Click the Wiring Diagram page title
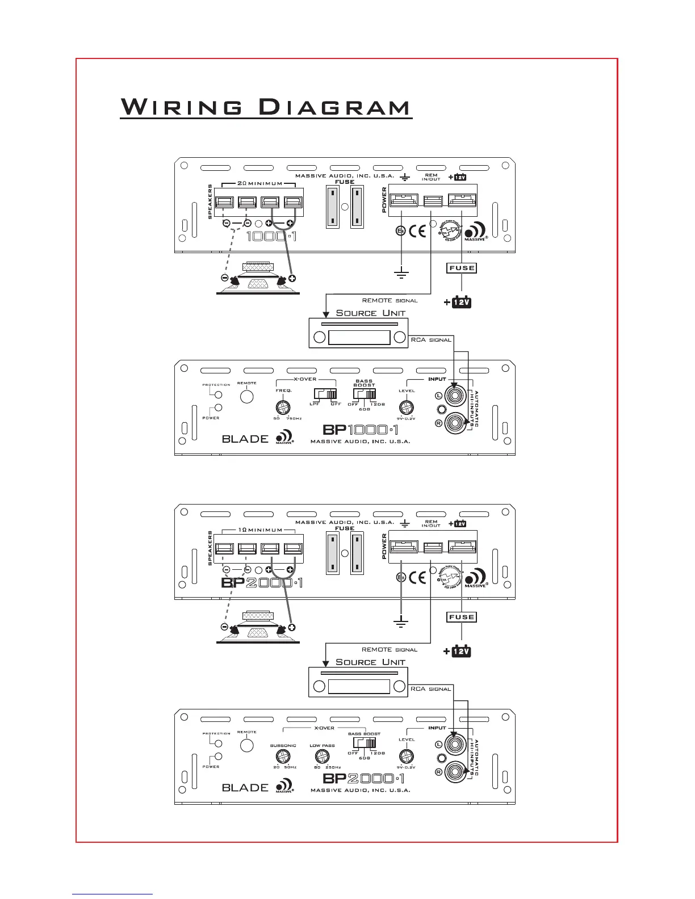pyautogui.click(x=266, y=107)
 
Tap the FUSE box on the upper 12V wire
pyautogui.click(x=461, y=268)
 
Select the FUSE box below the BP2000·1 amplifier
pyautogui.click(x=461, y=617)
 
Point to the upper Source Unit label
pyautogui.click(x=370, y=313)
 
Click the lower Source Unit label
pyautogui.click(x=370, y=662)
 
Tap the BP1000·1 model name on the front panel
pyautogui.click(x=361, y=430)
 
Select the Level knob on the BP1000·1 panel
pyautogui.click(x=405, y=407)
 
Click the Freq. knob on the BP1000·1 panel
pyautogui.click(x=283, y=407)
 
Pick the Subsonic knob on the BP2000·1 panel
pyautogui.click(x=282, y=756)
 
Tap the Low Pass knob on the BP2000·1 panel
pyautogui.click(x=322, y=756)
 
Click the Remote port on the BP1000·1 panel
pyautogui.click(x=246, y=396)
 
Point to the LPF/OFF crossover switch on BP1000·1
pyautogui.click(x=325, y=393)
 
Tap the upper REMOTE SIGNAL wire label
pyautogui.click(x=390, y=300)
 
